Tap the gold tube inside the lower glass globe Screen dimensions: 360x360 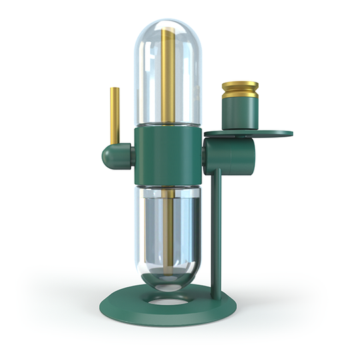167,227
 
